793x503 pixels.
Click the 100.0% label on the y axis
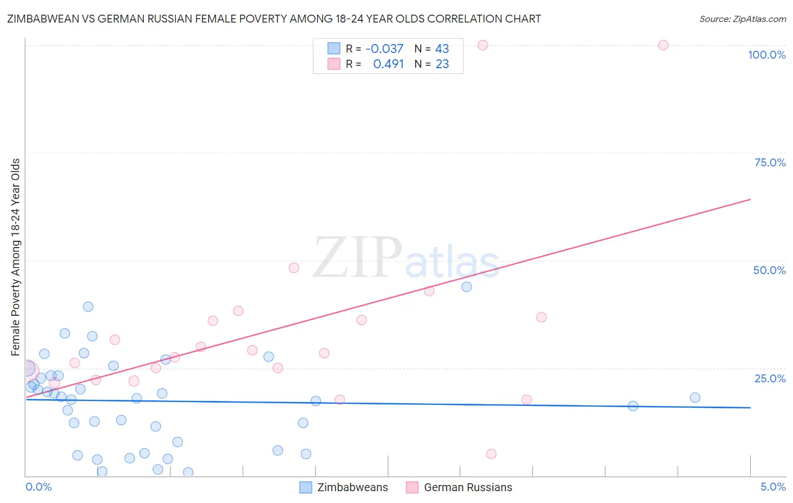click(766, 55)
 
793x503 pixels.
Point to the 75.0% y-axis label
click(770, 162)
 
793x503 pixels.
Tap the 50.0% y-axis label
click(769, 270)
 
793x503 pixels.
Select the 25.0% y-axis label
click(770, 378)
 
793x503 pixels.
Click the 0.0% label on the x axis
click(38, 487)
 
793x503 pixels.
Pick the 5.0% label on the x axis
click(773, 487)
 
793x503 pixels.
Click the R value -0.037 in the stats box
click(384, 49)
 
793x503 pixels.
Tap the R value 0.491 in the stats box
click(388, 64)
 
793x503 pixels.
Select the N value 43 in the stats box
click(442, 49)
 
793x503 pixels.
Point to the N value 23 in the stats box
click(442, 64)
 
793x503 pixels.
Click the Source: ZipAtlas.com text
click(742, 19)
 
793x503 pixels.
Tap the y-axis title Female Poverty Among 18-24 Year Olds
click(16, 257)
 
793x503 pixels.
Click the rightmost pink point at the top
click(663, 45)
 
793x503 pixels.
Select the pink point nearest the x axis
click(491, 454)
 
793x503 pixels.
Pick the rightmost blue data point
click(695, 398)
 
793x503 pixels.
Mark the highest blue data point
click(466, 287)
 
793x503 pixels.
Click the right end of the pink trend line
click(750, 200)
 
